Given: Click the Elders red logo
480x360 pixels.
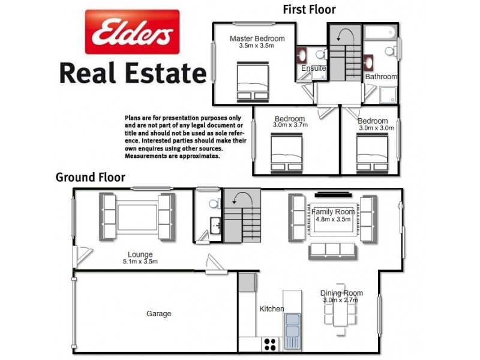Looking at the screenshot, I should pos(131,31).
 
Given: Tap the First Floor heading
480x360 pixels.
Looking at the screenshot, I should pos(309,9).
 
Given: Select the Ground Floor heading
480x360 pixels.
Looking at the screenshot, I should pos(90,177).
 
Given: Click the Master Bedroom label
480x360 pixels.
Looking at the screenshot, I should pos(257,39).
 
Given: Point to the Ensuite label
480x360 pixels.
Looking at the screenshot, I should pos(313,68).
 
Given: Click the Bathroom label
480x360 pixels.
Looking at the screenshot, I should pos(381,77).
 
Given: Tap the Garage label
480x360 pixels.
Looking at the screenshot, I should pos(159,313).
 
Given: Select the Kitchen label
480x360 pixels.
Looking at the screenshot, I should pos(271,309).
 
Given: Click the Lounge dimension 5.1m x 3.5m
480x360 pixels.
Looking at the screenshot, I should pos(140,262).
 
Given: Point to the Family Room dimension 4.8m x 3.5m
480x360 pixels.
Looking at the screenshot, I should pos(333,220).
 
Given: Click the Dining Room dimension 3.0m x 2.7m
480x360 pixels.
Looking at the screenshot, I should pos(340,300).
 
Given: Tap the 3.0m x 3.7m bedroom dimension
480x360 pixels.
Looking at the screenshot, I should pos(290,125).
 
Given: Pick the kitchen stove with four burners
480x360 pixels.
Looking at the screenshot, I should pos(270,344).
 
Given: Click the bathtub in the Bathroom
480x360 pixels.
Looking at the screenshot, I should pos(381,31).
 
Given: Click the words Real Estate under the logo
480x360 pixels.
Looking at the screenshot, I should pos(132,73).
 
